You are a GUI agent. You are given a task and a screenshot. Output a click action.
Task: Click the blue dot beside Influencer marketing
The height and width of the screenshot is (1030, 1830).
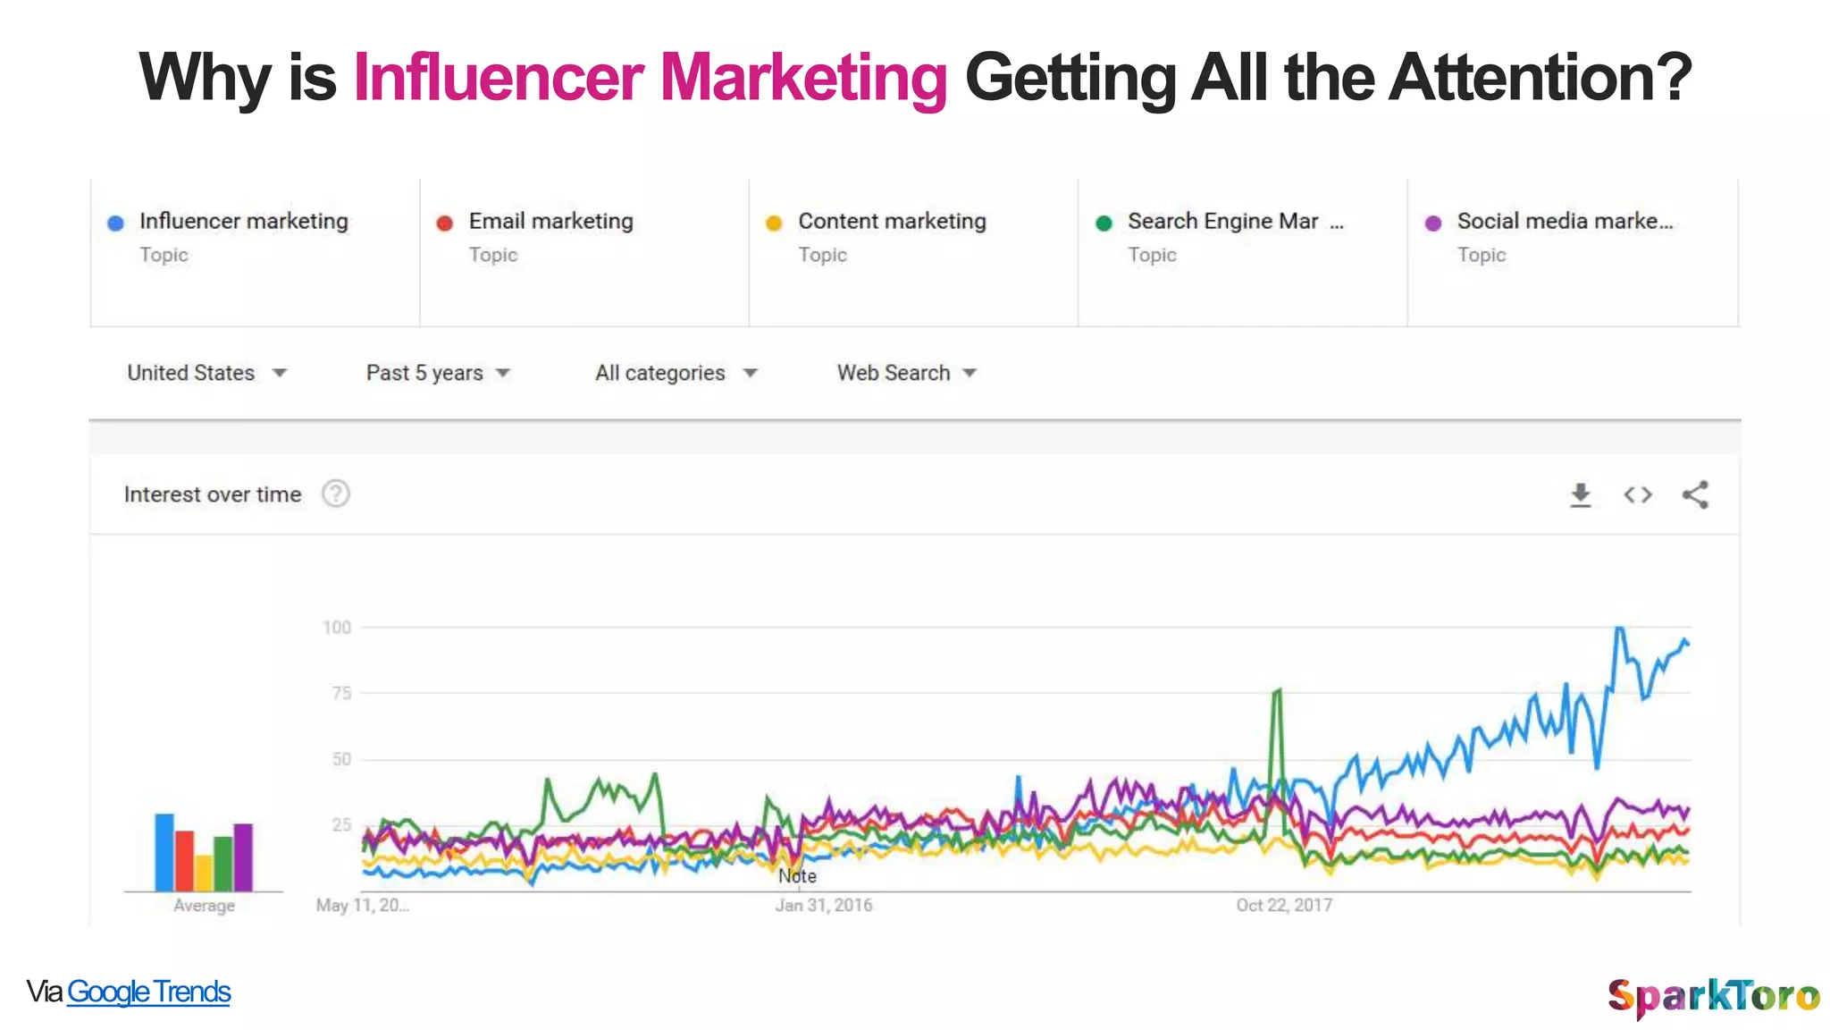[115, 223]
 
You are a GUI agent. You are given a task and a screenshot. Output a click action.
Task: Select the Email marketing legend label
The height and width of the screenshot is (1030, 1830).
[550, 221]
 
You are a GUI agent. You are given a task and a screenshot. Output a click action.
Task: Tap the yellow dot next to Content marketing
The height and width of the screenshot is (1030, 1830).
[774, 223]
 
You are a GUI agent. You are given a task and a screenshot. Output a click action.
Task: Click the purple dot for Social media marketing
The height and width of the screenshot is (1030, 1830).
[1433, 223]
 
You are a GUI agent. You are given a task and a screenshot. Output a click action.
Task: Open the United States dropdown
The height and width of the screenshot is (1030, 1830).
[206, 373]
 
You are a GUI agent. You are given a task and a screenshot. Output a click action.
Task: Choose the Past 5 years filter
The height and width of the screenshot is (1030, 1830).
[437, 373]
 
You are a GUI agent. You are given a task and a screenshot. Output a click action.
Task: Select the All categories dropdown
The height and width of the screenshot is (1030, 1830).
[676, 373]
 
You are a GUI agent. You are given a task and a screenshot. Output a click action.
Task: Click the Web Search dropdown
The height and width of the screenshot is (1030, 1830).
[906, 373]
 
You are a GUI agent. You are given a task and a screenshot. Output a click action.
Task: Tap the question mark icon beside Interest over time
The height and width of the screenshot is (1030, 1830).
[336, 494]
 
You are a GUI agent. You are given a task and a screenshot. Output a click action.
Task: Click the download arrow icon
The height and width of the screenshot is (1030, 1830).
[1581, 494]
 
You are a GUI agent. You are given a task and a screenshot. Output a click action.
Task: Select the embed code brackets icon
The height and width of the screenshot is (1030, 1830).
[1638, 494]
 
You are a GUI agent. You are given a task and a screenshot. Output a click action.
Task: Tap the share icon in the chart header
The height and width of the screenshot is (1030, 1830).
[1695, 494]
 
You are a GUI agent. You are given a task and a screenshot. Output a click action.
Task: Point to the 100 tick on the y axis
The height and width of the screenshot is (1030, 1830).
[337, 628]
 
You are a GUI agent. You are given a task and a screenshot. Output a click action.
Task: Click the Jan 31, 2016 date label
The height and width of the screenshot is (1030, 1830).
[823, 905]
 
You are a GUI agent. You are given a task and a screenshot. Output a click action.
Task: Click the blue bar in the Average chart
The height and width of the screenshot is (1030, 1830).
[164, 852]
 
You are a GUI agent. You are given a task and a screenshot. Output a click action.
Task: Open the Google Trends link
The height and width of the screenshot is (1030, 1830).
[148, 992]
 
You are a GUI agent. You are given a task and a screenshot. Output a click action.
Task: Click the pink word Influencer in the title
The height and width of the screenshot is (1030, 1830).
[498, 78]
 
